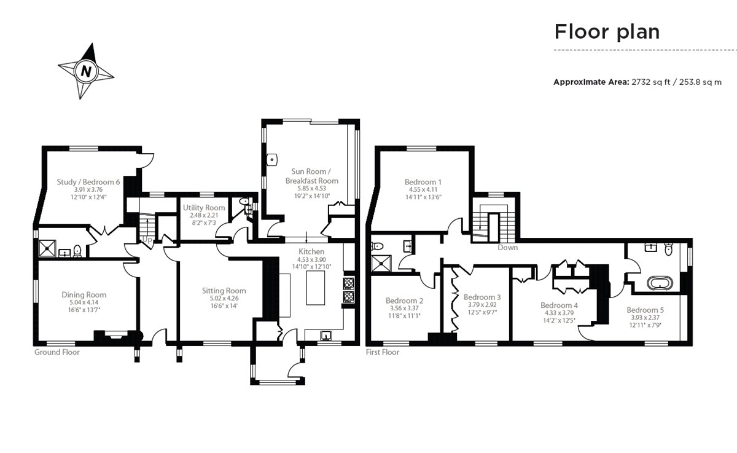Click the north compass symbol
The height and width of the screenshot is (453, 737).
86,71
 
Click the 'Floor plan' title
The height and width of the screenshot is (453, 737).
607,31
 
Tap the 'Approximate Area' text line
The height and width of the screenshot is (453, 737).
637,82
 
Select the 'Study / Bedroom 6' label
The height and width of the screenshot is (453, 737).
88,183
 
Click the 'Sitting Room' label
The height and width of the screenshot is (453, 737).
224,291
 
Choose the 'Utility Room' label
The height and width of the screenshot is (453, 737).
204,208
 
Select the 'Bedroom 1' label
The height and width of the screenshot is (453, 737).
423,182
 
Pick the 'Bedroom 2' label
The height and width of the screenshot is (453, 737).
404,301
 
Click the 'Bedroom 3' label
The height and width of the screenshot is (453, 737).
482,297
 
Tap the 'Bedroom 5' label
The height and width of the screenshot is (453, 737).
645,310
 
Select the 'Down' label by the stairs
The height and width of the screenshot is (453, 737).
508,248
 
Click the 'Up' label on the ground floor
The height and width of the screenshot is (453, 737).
147,239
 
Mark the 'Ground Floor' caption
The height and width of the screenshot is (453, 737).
57,352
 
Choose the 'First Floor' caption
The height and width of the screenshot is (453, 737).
382,352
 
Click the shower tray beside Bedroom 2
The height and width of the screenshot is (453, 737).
383,264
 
